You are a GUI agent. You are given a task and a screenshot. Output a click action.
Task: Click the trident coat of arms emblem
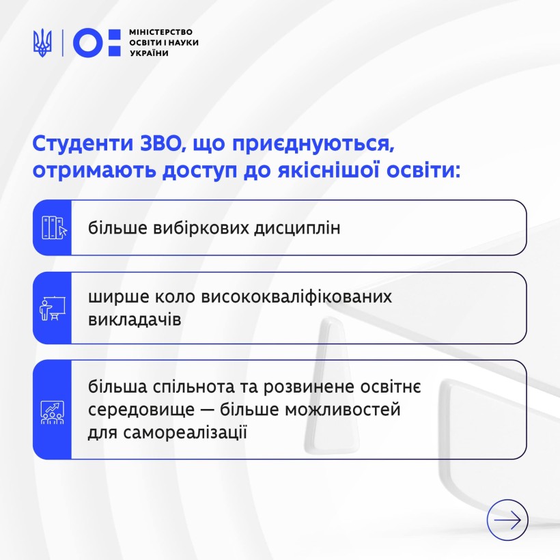click(42, 42)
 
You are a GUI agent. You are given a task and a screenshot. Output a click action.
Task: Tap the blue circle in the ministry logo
click(88, 42)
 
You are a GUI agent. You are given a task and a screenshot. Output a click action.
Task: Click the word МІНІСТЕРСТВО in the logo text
click(160, 32)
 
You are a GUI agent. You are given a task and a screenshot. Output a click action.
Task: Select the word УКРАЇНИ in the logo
click(149, 53)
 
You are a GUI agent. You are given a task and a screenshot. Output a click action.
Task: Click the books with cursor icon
click(54, 227)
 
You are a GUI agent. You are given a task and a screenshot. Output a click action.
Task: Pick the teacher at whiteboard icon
click(53, 308)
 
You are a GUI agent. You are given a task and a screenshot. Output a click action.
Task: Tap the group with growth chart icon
click(53, 412)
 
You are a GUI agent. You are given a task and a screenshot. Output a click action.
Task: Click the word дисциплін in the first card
click(297, 229)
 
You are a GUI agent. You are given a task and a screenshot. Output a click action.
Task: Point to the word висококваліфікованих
click(296, 297)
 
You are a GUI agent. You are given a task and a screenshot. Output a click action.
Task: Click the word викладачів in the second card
click(135, 320)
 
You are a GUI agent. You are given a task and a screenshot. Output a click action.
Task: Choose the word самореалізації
click(185, 432)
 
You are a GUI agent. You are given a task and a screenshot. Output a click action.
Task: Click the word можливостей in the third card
click(343, 410)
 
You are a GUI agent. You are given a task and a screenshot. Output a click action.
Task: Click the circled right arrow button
click(507, 520)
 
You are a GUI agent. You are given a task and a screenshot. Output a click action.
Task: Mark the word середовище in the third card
click(141, 410)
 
